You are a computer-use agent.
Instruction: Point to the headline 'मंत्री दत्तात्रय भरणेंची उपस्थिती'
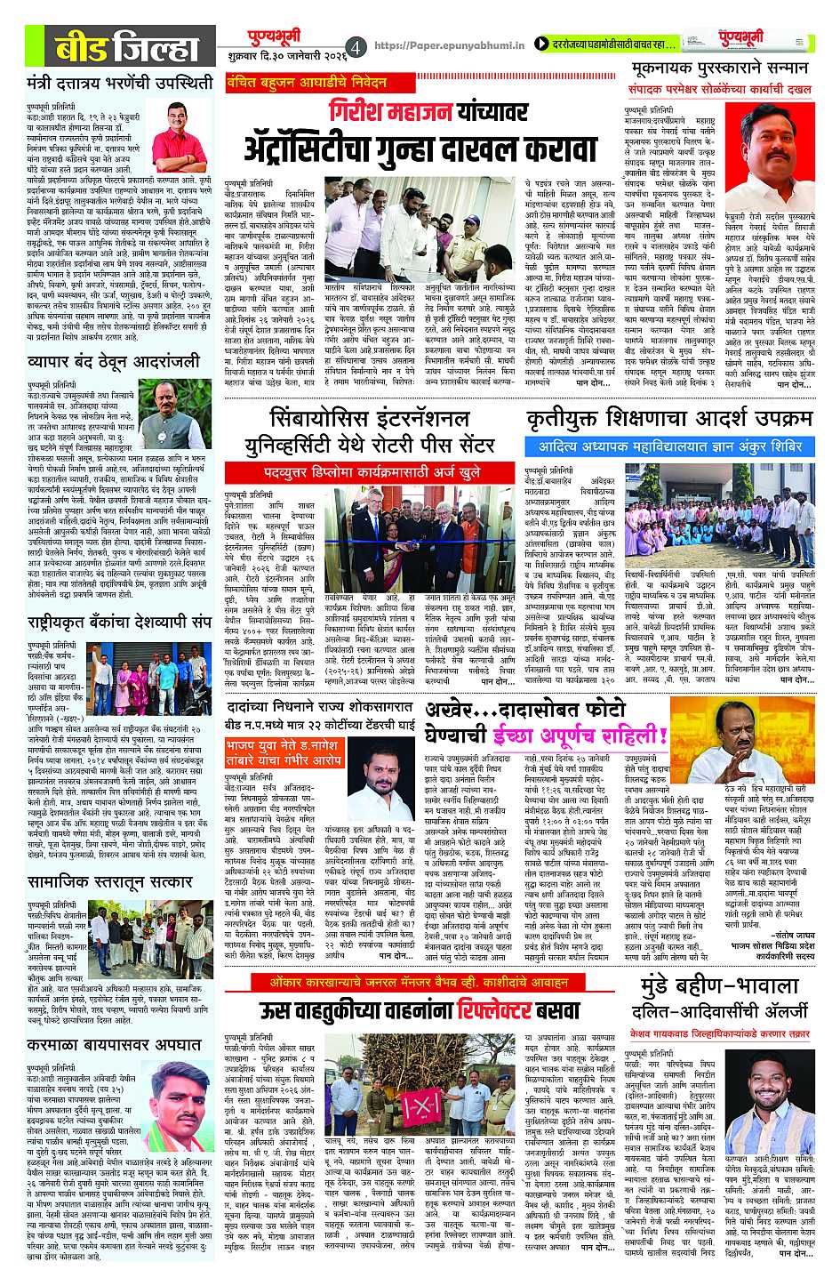coord(120,84)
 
